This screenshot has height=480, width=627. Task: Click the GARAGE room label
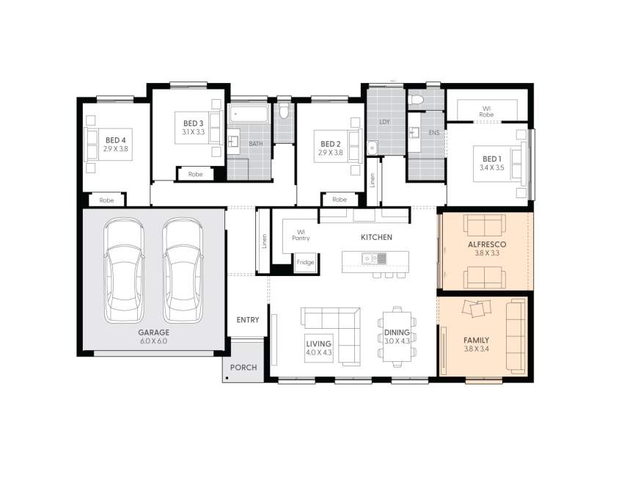click(153, 332)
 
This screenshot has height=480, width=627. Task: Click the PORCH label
click(243, 367)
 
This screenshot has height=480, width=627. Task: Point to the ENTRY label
click(248, 319)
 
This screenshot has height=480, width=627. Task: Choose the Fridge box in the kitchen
click(305, 262)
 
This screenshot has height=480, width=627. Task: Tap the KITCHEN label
click(376, 237)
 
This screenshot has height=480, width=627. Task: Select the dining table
click(397, 334)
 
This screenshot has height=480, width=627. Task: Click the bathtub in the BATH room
click(249, 114)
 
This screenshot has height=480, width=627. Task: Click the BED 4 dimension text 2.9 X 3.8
click(115, 149)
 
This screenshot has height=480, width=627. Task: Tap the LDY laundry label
click(384, 121)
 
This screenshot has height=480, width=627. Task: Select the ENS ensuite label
click(433, 133)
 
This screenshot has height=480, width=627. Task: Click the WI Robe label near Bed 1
click(486, 112)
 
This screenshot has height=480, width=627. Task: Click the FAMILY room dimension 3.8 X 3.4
click(476, 349)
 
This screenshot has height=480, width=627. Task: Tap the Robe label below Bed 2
click(340, 200)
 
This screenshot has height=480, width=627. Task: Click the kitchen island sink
click(376, 258)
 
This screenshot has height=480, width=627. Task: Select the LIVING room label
click(319, 343)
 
